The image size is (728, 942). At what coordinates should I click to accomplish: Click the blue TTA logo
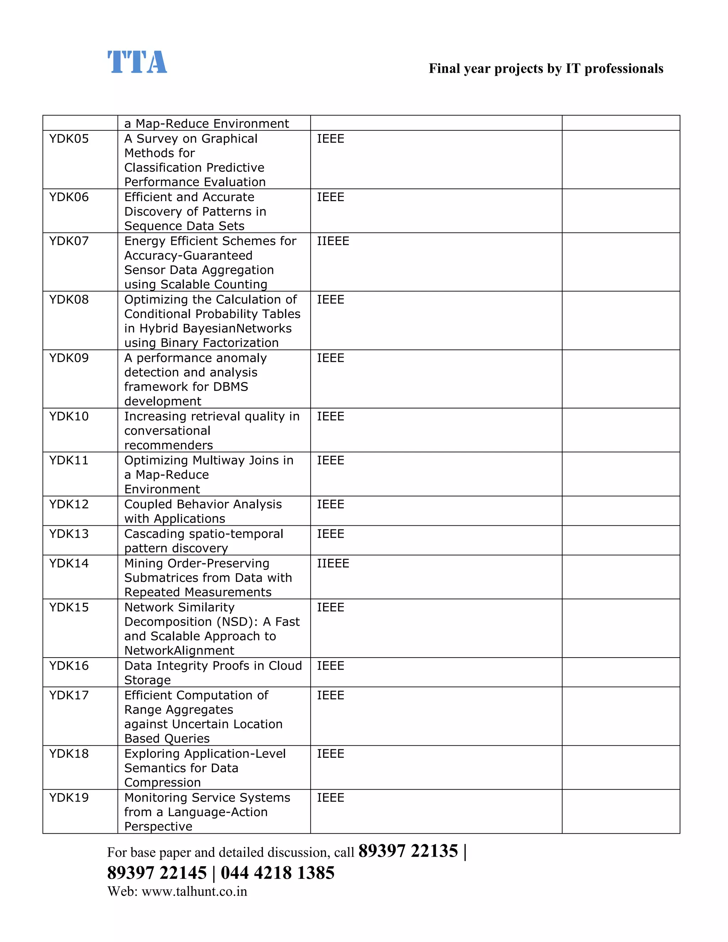[137, 62]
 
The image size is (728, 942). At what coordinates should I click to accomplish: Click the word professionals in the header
[623, 69]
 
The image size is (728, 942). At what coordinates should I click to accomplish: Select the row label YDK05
[69, 139]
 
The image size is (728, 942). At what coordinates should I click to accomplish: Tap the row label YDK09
[69, 358]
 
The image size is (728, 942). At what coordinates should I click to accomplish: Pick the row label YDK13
[69, 534]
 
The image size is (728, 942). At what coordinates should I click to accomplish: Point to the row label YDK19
[69, 798]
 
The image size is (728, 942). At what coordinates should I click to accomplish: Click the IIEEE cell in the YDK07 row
[333, 241]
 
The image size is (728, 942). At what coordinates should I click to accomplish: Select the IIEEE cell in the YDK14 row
[333, 563]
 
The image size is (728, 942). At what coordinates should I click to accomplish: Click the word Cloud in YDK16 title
[285, 665]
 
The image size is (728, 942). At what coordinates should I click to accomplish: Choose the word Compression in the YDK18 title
[162, 782]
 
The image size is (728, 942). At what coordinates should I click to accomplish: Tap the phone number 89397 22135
[408, 851]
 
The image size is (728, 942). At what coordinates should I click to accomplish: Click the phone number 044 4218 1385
[277, 873]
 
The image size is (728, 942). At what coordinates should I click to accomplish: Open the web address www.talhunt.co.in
[194, 892]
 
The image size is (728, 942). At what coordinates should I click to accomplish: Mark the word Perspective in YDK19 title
[158, 826]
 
